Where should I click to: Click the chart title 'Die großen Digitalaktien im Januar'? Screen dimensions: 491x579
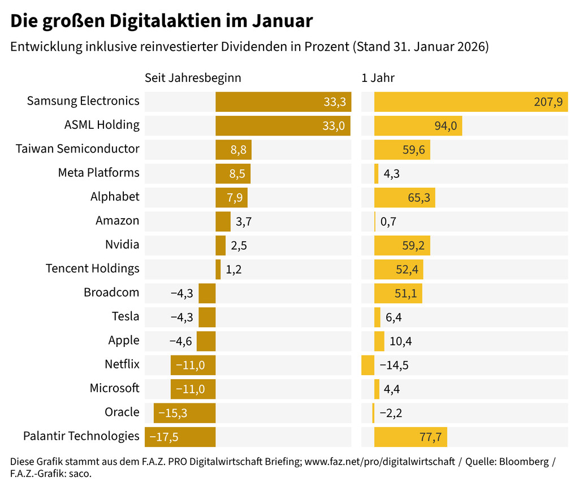161,21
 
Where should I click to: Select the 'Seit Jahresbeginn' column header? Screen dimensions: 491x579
193,78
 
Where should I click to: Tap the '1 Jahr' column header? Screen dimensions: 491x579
378,78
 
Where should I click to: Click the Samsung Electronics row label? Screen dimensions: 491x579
83,101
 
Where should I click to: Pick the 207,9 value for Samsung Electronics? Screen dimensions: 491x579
548,102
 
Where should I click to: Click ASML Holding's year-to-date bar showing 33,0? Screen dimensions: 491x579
283,125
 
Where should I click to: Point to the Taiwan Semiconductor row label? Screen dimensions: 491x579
77,149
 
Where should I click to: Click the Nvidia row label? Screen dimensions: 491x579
122,245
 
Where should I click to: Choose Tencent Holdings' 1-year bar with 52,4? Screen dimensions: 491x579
399,270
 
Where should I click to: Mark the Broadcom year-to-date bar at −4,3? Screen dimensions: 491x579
207,293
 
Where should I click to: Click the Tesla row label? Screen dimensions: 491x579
126,316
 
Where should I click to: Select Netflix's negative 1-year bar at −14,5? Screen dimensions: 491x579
368,365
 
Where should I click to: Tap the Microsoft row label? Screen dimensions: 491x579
114,388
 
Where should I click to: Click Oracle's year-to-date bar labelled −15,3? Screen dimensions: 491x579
184,413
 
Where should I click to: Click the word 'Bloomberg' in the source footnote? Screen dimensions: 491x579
524,462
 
